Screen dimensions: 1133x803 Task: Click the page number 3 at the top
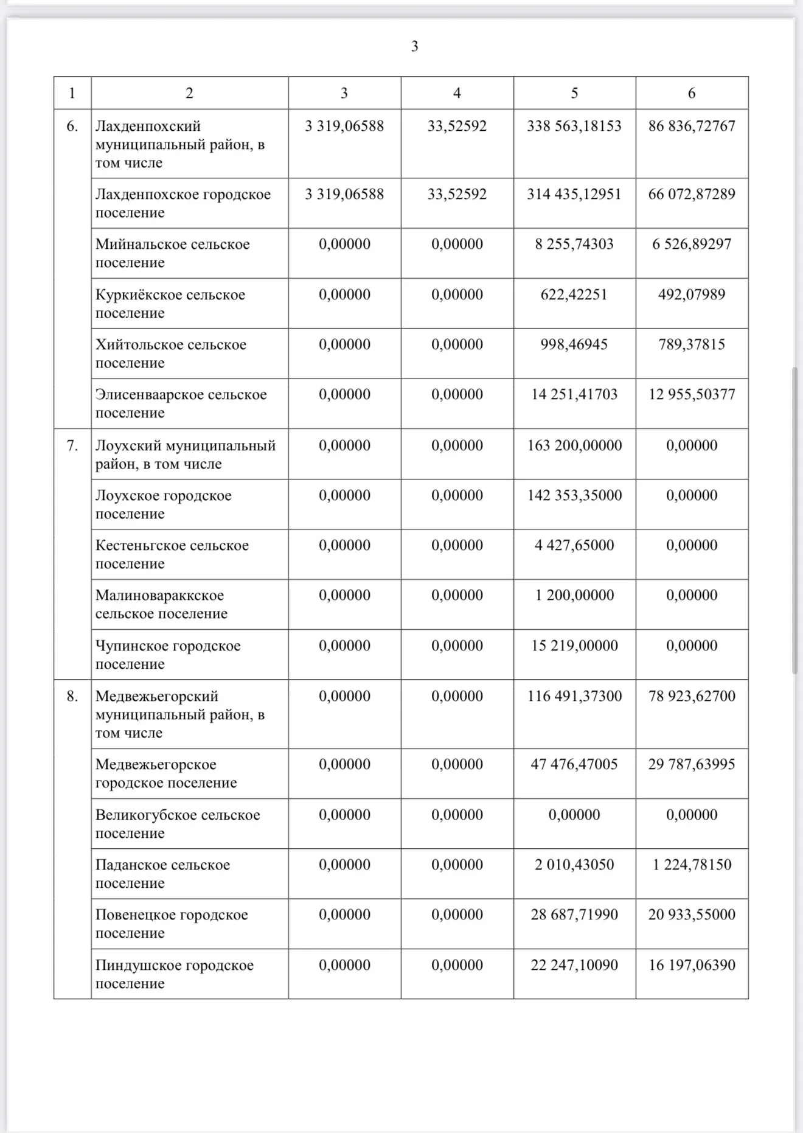tap(414, 46)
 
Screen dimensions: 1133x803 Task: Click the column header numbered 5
tap(574, 93)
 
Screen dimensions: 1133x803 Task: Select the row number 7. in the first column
tap(72, 445)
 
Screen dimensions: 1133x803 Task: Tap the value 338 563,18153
tap(574, 126)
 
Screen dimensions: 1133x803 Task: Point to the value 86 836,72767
tap(692, 126)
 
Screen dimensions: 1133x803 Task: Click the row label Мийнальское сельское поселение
tap(172, 253)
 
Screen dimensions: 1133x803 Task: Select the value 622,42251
tap(574, 295)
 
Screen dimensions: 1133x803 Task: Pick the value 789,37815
tap(692, 344)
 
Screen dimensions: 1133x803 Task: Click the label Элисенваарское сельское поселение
tap(181, 403)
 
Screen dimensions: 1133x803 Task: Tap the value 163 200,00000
tap(574, 445)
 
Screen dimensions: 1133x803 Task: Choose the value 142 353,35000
tap(574, 495)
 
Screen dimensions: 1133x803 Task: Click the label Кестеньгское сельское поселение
tap(172, 554)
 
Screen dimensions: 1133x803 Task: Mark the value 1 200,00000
tap(574, 595)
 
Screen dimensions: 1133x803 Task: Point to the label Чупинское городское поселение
tap(168, 655)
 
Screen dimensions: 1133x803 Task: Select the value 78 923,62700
tap(692, 696)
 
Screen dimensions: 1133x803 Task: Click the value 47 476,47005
tap(574, 764)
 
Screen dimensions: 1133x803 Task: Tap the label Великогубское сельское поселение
tap(177, 824)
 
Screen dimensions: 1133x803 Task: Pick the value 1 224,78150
tap(692, 865)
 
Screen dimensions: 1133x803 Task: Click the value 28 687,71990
tap(574, 915)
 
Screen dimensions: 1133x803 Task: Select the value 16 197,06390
tap(692, 965)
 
